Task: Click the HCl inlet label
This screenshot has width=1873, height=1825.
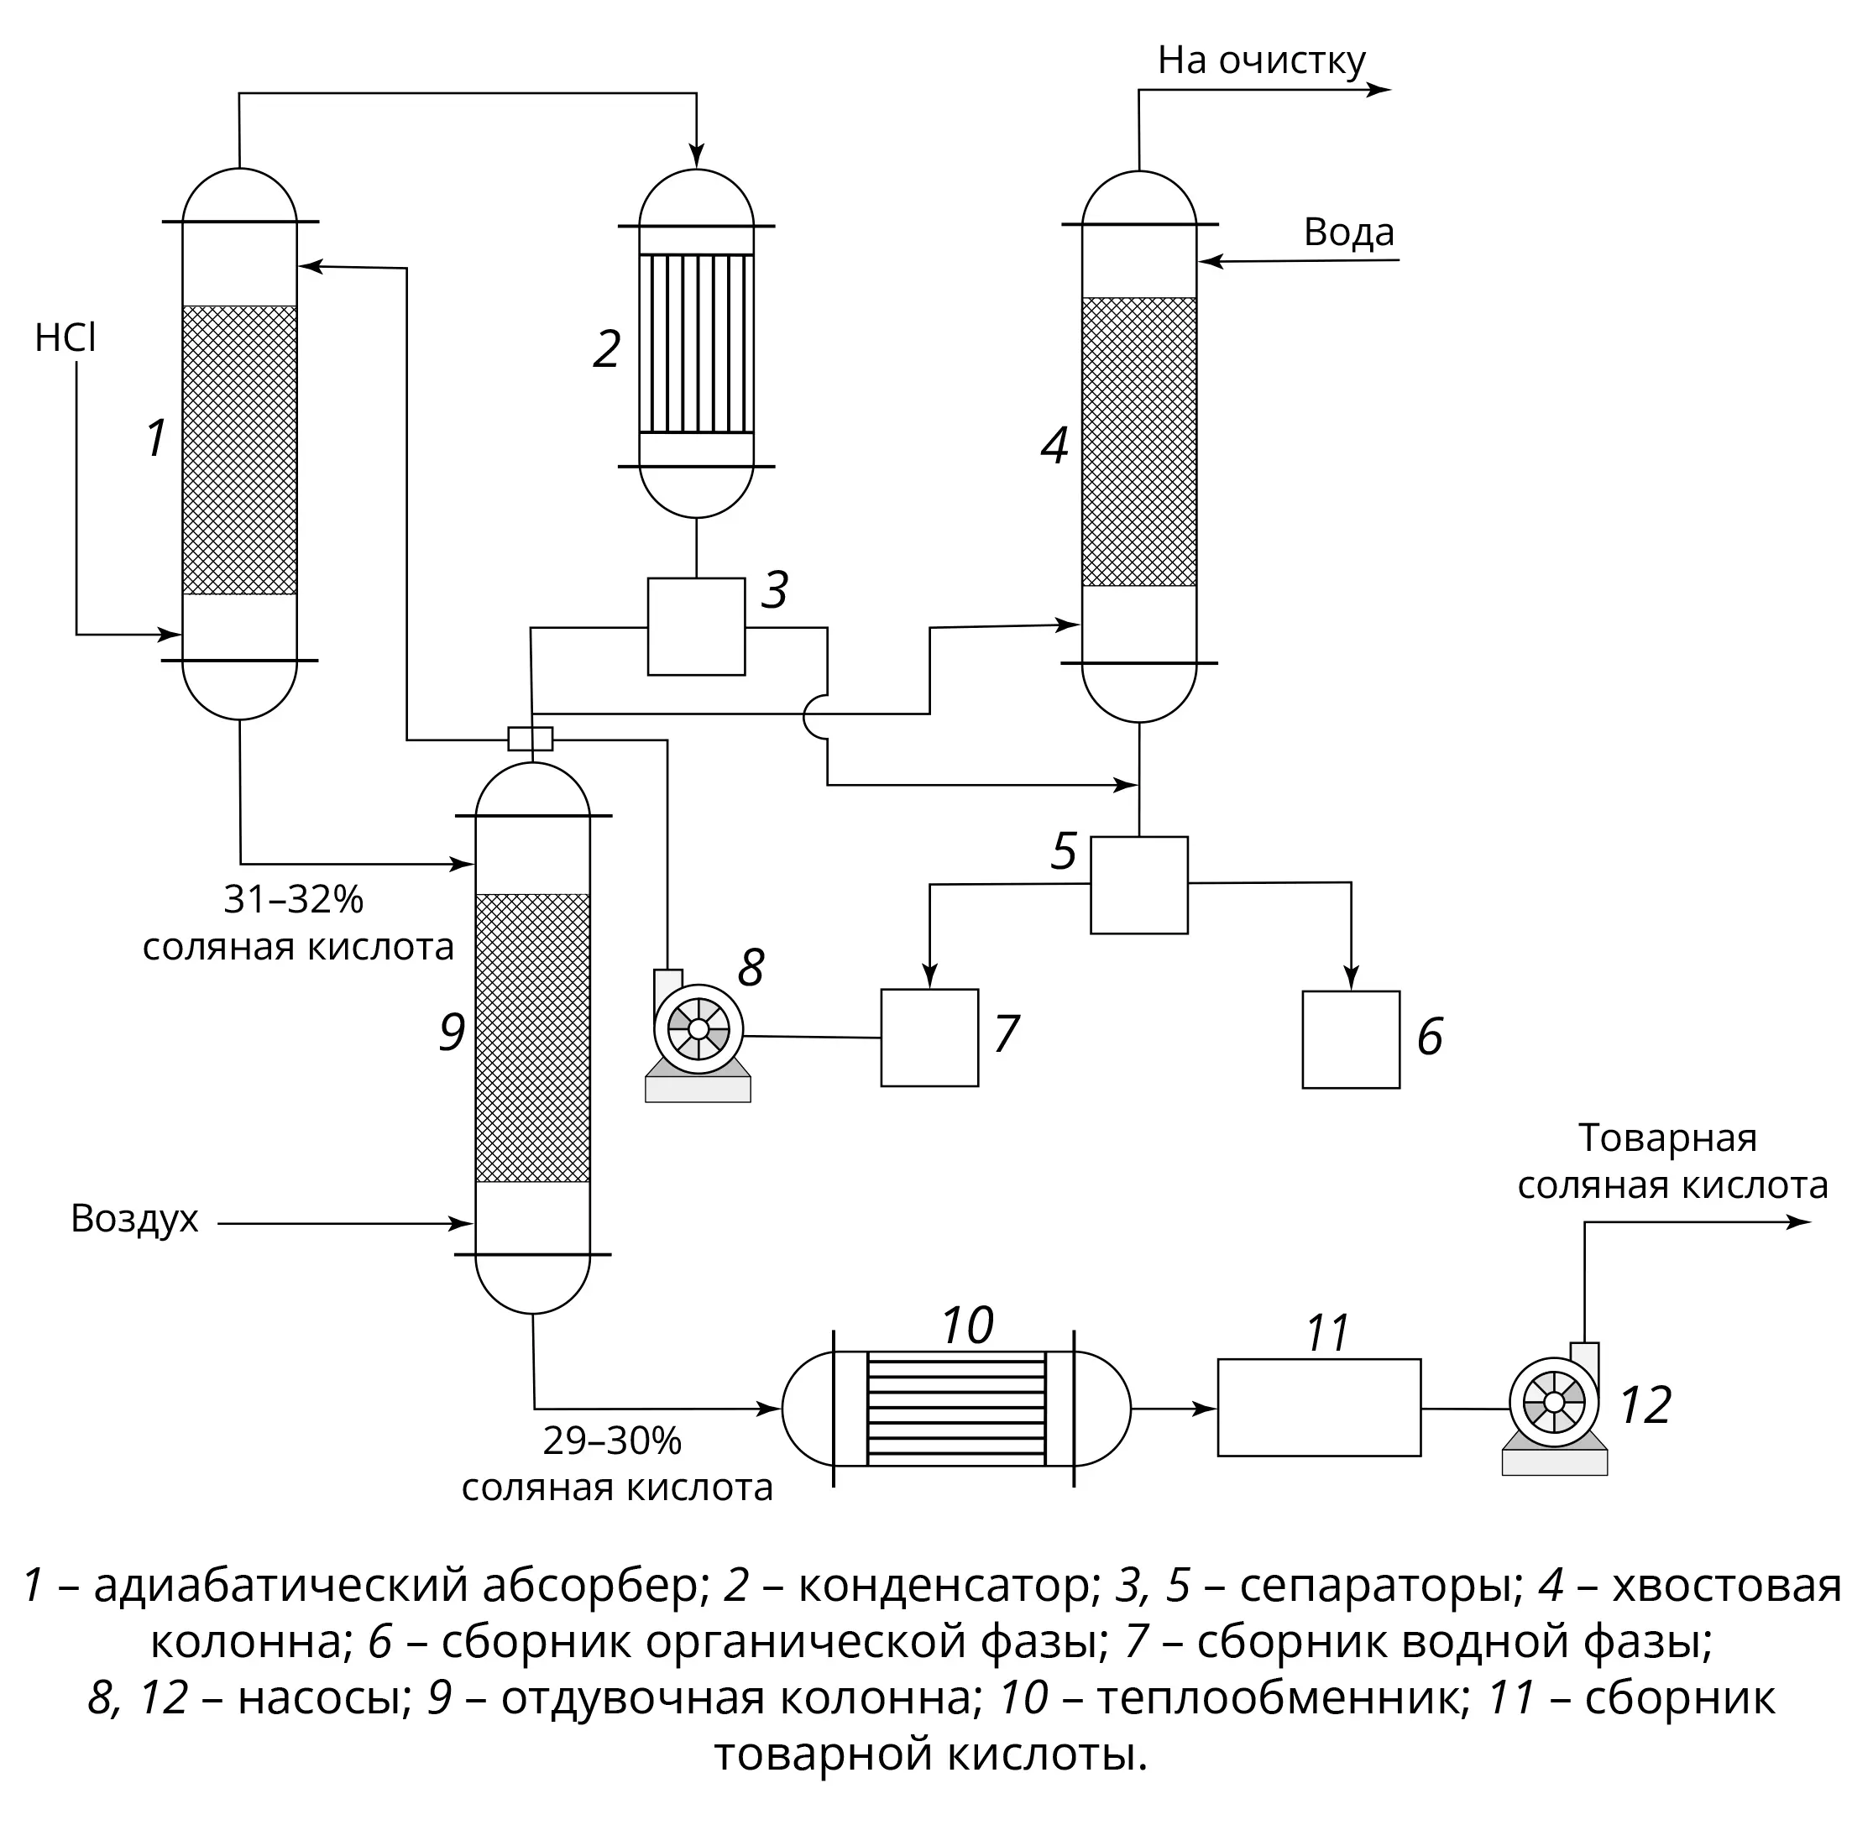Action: tap(65, 338)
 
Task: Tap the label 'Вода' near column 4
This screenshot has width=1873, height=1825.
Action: tap(1348, 233)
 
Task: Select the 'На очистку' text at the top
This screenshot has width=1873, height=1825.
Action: tap(1262, 60)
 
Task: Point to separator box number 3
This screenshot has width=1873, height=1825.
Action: tap(696, 627)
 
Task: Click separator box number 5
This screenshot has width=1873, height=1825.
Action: tap(1138, 886)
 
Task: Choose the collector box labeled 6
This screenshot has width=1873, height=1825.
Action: tap(1351, 1040)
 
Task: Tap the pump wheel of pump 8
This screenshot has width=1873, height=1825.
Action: tap(698, 1028)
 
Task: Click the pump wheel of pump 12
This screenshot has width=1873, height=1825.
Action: tap(1554, 1402)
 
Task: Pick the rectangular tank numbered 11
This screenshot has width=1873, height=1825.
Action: tap(1319, 1408)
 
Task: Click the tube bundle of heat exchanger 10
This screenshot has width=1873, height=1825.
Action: tap(955, 1408)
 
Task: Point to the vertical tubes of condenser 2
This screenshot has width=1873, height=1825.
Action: tap(697, 343)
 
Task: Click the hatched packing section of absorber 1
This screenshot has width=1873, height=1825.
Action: tap(239, 451)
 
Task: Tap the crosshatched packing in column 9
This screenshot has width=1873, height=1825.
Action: tap(533, 1038)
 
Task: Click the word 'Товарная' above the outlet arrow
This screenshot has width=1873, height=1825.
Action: tap(1668, 1138)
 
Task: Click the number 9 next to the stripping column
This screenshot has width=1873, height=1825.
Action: tap(453, 1033)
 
